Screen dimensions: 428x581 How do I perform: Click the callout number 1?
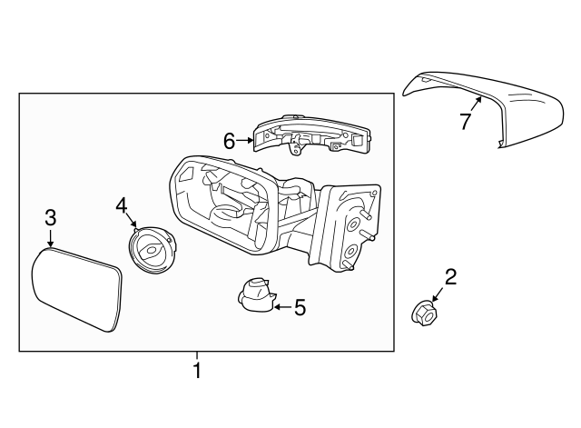point(195,371)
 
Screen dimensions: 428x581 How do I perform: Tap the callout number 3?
point(51,217)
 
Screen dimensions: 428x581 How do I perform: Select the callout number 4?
point(122,206)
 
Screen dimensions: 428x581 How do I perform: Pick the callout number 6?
point(230,140)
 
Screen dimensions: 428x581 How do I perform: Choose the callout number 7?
point(465,121)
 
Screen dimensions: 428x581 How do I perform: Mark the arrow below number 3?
point(51,238)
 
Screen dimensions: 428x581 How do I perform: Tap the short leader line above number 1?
point(195,356)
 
